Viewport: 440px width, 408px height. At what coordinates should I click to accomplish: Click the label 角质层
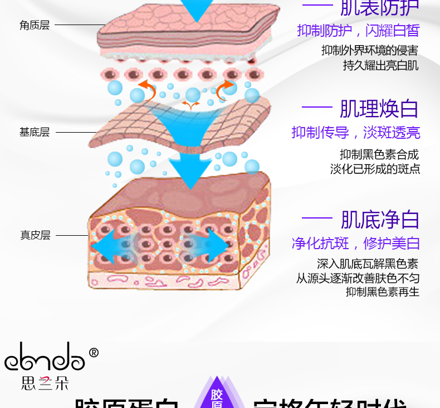point(35,25)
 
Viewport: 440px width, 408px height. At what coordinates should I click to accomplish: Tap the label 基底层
point(35,132)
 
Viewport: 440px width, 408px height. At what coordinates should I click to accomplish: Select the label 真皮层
point(35,235)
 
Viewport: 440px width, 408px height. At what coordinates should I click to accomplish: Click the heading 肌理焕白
point(379,109)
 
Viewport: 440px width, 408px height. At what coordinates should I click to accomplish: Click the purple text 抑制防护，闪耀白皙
point(358,31)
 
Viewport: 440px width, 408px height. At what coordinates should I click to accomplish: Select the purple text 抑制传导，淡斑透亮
point(356,133)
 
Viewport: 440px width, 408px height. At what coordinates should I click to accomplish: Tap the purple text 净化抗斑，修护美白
point(356,243)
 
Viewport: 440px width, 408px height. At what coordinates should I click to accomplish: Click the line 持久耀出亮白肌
point(381,65)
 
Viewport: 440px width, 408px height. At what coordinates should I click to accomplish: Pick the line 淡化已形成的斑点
point(375,169)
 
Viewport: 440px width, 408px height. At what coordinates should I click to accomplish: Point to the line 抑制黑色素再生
point(383,292)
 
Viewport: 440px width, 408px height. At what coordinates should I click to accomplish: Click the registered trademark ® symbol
point(94,352)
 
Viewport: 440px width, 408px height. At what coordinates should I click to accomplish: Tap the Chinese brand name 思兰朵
point(45,384)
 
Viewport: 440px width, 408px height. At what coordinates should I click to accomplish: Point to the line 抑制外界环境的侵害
point(370,50)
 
